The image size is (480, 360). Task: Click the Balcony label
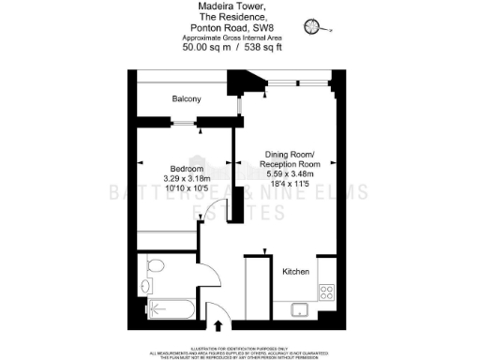pos(187,98)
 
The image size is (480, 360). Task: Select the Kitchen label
pos(295,271)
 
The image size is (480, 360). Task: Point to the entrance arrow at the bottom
pos(219,325)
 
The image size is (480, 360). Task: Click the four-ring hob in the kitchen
pos(327,291)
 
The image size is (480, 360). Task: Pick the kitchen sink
pos(302,310)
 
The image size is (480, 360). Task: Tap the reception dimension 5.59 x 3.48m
pos(287,175)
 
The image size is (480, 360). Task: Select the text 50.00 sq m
pos(200,46)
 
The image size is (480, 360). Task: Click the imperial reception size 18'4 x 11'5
pos(287,186)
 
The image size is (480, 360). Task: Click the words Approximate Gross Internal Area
pos(231,37)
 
